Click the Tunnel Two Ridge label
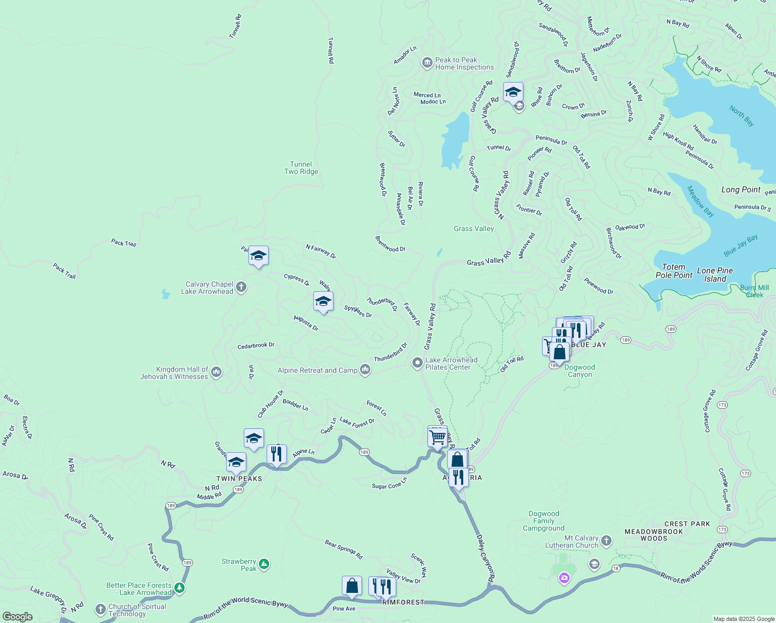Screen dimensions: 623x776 coord(301,168)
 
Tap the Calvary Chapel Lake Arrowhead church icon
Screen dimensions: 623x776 coord(241,287)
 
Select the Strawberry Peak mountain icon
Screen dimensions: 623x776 coord(264,564)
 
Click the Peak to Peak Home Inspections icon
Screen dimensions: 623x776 coord(427,63)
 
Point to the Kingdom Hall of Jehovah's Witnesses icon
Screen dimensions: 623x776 coord(216,372)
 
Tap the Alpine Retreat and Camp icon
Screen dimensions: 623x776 coord(365,370)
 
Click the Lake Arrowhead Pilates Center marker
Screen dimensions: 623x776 coord(418,363)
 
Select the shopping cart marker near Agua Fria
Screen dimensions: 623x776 coord(438,437)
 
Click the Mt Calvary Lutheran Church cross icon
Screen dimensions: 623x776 coord(606,541)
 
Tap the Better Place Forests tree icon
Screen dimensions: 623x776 coord(179,588)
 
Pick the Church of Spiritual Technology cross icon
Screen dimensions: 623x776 coord(101,609)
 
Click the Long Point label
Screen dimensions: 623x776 coord(741,189)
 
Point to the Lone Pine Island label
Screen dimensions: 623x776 coord(715,275)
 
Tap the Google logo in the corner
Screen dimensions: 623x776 coord(18,616)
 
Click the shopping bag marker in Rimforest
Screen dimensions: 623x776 coord(352,586)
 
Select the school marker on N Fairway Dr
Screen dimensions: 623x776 coord(258,256)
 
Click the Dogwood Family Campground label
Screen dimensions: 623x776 coord(544,521)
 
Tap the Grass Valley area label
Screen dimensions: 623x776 coord(474,228)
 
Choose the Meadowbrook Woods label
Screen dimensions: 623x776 coord(654,535)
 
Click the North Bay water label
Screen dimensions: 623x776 coord(741,116)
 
